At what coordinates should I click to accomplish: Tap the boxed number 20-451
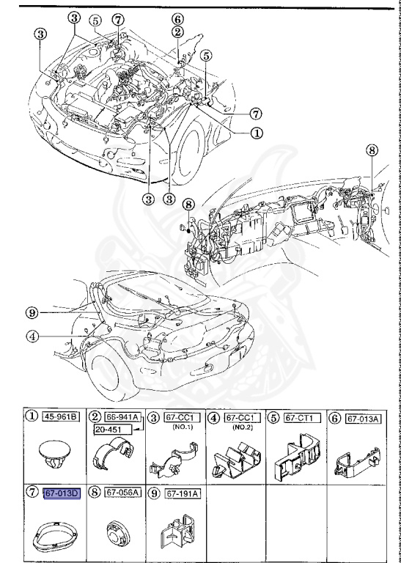tap(114, 429)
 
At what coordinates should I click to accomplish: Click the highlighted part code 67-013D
tap(62, 493)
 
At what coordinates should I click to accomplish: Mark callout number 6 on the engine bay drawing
tap(178, 18)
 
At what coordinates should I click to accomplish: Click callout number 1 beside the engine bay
tap(257, 133)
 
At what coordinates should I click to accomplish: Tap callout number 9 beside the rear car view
tap(32, 312)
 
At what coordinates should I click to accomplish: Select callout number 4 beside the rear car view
tap(32, 337)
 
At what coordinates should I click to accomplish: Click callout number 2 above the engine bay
tap(178, 32)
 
